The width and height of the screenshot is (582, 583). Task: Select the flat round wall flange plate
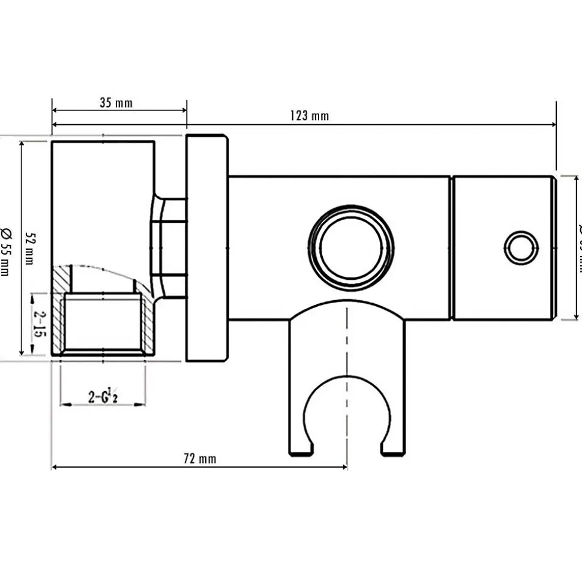click(x=207, y=247)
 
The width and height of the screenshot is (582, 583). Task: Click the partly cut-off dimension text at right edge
click(x=578, y=247)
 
